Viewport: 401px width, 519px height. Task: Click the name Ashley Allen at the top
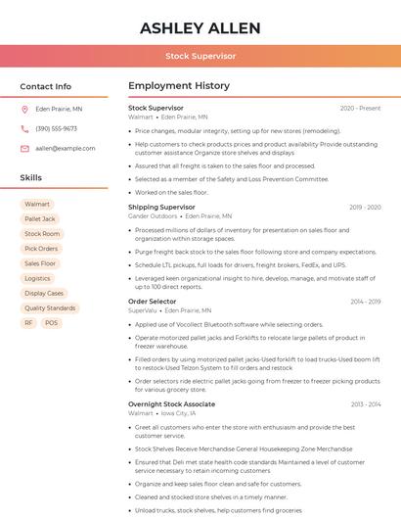(200, 27)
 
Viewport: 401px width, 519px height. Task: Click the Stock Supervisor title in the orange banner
(200, 56)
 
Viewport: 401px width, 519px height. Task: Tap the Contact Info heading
(45, 86)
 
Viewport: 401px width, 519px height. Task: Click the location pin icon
(24, 110)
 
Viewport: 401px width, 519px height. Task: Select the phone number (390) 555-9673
(56, 128)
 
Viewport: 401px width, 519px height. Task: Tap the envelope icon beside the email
(24, 148)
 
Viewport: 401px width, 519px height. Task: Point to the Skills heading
(30, 178)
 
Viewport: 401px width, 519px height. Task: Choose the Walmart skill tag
(36, 204)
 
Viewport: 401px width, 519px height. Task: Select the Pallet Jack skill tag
(40, 218)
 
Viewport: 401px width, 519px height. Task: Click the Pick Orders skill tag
(41, 249)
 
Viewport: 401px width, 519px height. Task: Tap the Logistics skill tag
(37, 278)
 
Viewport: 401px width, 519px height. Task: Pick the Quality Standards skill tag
(50, 307)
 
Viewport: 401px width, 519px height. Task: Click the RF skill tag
(28, 322)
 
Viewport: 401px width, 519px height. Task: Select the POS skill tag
(51, 322)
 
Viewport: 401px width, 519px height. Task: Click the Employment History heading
(178, 86)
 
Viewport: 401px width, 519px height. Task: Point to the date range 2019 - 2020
(364, 208)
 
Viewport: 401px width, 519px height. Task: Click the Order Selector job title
(153, 302)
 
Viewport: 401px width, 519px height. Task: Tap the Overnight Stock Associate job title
(171, 404)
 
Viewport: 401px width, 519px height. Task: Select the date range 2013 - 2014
(365, 404)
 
